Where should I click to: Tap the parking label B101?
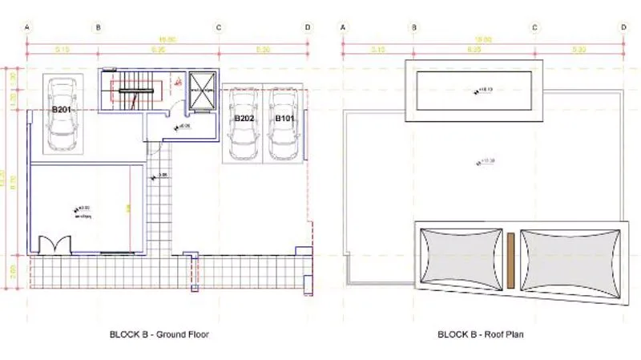pos(284,118)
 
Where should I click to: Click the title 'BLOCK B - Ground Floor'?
pos(159,334)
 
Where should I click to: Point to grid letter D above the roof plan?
pos(623,26)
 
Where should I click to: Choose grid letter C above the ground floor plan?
pos(219,26)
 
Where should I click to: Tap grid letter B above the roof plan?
pos(414,26)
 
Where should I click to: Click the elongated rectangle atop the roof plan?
pos(475,89)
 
